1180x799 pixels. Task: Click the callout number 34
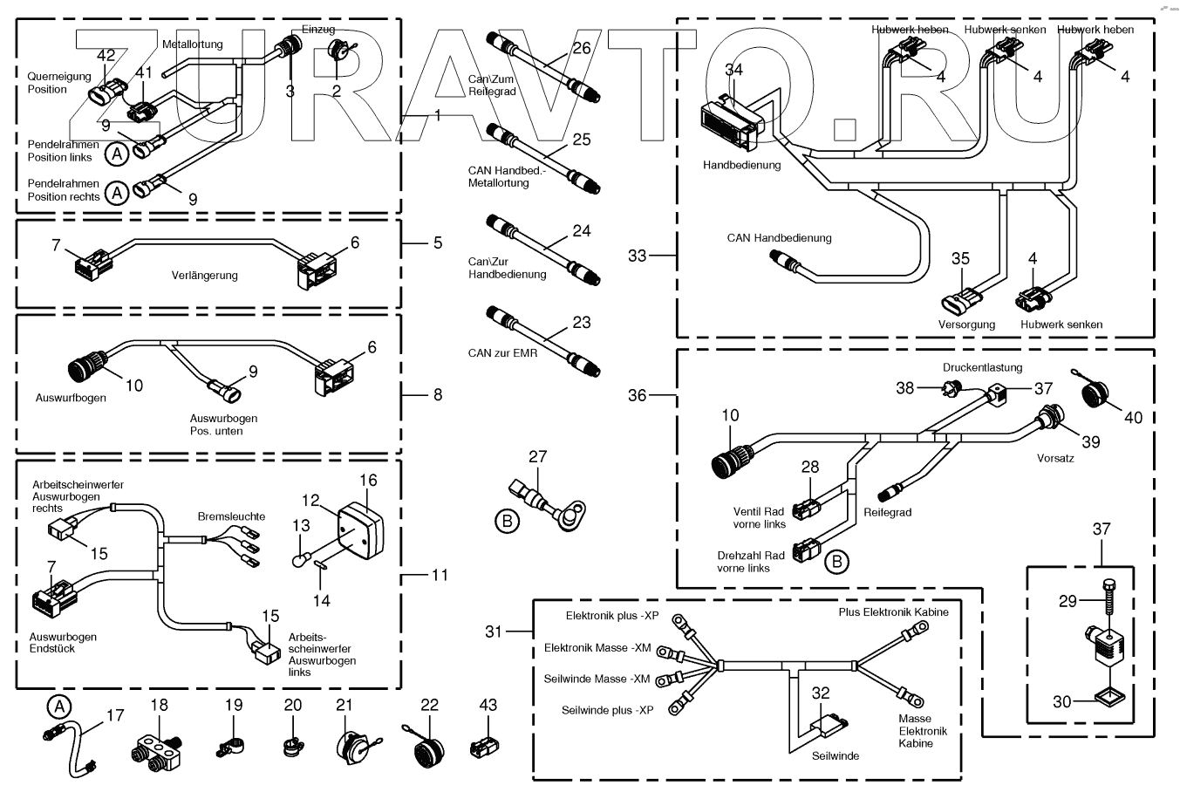coord(733,69)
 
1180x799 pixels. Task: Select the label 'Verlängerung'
coord(204,276)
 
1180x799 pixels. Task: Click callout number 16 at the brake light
coord(368,481)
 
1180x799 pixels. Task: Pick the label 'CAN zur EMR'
coord(502,353)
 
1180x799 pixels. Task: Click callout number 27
coord(537,456)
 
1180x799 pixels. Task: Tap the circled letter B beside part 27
coord(506,522)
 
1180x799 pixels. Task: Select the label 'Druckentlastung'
coord(982,367)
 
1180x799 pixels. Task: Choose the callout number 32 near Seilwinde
coord(821,693)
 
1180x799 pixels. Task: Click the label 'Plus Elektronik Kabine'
coord(893,611)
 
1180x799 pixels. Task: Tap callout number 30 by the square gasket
coord(1061,700)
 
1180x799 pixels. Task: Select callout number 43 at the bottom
coord(488,705)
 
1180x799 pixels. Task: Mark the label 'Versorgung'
coord(966,324)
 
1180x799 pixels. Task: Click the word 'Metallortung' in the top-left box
coord(192,44)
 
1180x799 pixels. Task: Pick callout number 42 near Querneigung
coord(106,56)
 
